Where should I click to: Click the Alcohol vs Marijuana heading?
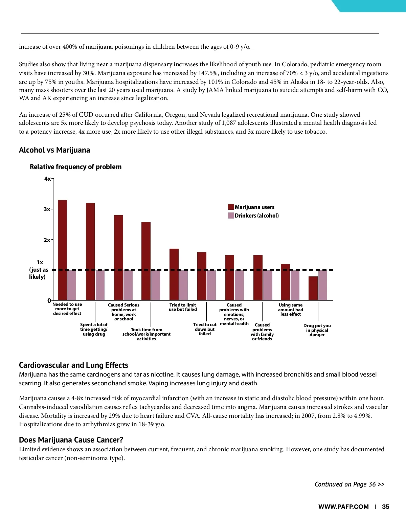tap(54, 150)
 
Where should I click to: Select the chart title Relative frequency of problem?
tap(75, 167)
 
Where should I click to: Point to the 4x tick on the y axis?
tap(48, 179)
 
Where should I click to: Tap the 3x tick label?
tap(47, 209)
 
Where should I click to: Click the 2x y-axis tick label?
tap(47, 240)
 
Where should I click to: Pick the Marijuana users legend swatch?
tap(231, 207)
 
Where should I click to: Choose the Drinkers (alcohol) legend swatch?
tap(231, 216)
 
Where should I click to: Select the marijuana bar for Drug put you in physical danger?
tap(313, 288)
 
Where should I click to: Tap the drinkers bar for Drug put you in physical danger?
tap(323, 285)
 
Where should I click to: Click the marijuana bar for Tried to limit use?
tap(174, 274)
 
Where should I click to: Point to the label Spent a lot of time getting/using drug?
tap(94, 330)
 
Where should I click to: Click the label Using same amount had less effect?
tap(291, 310)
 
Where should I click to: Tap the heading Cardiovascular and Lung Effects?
tap(73, 365)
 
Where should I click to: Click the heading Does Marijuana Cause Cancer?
tap(71, 440)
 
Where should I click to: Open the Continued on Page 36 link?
tap(349, 484)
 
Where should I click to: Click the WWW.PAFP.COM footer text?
tap(343, 507)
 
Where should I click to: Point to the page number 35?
tap(385, 507)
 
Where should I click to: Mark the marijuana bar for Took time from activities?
tap(146, 261)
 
